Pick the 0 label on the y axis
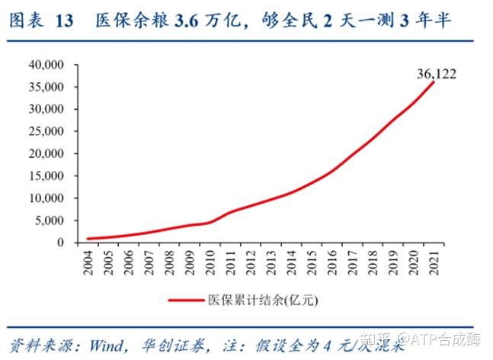[x=66, y=243]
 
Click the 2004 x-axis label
[x=90, y=261]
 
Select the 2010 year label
[x=211, y=261]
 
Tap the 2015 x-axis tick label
[x=312, y=261]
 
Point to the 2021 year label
[x=434, y=261]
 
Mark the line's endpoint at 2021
[x=434, y=82]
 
